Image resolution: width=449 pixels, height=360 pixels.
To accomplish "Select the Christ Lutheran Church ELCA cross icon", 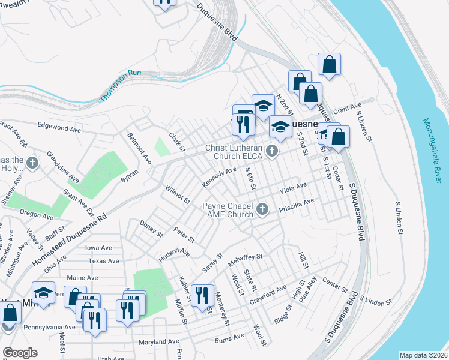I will click(273, 151).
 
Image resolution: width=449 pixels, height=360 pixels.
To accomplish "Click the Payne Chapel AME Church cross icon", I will click(261, 209).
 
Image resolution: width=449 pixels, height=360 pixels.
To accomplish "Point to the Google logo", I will click(20, 352).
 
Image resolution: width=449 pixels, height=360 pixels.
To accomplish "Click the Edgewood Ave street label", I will click(59, 128).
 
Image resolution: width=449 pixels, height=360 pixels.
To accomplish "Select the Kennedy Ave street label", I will click(219, 176).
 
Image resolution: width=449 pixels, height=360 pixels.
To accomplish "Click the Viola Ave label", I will click(293, 188).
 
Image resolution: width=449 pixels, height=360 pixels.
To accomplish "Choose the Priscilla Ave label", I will click(296, 205).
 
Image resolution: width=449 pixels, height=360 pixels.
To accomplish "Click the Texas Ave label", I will click(100, 261).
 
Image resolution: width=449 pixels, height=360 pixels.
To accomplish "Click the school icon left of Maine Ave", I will click(43, 292).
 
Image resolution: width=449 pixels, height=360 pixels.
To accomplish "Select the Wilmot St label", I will click(178, 194).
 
